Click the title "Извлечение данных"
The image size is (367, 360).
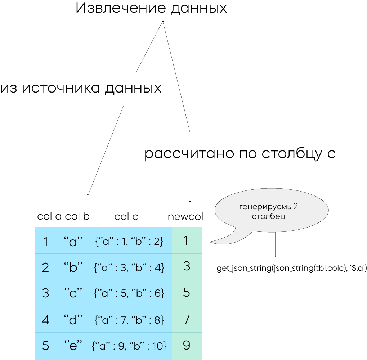tap(151, 8)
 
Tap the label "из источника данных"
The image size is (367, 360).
tap(81, 88)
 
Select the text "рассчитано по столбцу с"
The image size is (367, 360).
tap(240, 154)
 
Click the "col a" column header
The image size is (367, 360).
tap(49, 216)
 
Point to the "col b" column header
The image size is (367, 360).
tap(77, 216)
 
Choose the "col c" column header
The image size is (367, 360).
tap(126, 217)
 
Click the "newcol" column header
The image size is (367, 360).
tap(185, 217)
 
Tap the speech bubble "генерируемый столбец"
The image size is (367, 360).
tap(271, 212)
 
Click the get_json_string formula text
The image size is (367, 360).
tap(292, 268)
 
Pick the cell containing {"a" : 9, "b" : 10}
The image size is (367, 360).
tap(130, 346)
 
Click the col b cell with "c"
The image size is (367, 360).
tap(73, 293)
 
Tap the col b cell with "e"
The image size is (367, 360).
tap(73, 346)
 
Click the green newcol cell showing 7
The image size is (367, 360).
tap(187, 319)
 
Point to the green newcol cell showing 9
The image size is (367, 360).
tap(187, 346)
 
